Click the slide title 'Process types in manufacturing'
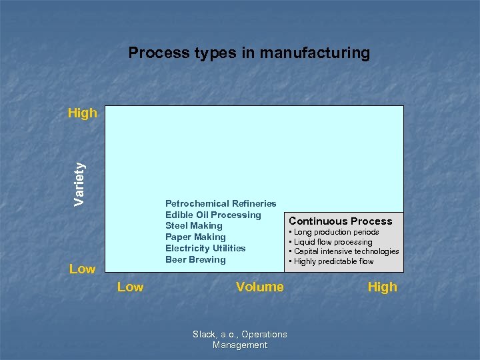tap(249, 53)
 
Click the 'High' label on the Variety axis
tap(83, 113)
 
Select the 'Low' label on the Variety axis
tap(83, 269)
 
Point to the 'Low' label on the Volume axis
tap(130, 287)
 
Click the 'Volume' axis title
tap(259, 287)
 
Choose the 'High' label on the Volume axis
tap(382, 287)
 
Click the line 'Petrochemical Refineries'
tap(221, 203)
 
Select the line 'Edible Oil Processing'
tap(213, 215)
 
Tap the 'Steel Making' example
tap(194, 226)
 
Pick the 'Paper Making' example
tap(195, 237)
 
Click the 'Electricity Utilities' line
tap(205, 248)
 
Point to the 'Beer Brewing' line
tap(195, 259)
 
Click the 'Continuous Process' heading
tap(341, 221)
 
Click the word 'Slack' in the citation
tap(203, 335)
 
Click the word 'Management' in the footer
tap(240, 345)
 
